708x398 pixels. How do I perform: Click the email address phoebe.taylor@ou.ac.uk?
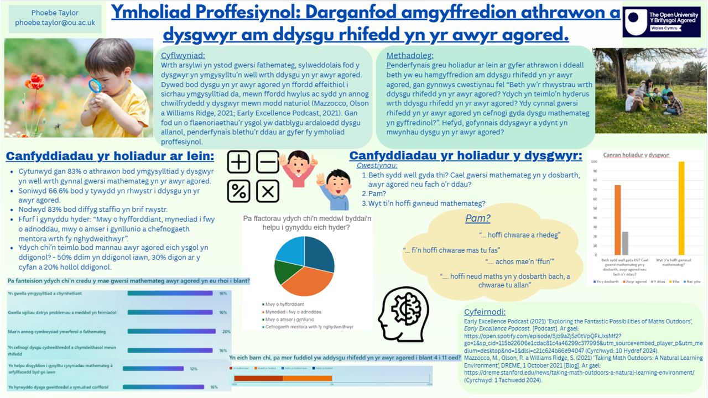pyautogui.click(x=55, y=23)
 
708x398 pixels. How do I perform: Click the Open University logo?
pyautogui.click(x=662, y=22)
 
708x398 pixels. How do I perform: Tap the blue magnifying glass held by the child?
pyautogui.click(x=95, y=86)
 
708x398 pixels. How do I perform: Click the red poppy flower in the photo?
pyautogui.click(x=35, y=82)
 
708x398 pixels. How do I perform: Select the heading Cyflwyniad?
pyautogui.click(x=183, y=55)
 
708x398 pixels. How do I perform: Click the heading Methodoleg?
pyautogui.click(x=410, y=55)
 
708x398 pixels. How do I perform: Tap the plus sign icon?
pyautogui.click(x=239, y=163)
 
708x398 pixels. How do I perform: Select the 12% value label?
pyautogui.click(x=194, y=368)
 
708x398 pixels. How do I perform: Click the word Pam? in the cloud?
pyautogui.click(x=477, y=218)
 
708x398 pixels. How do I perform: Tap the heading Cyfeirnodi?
pyautogui.click(x=485, y=312)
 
